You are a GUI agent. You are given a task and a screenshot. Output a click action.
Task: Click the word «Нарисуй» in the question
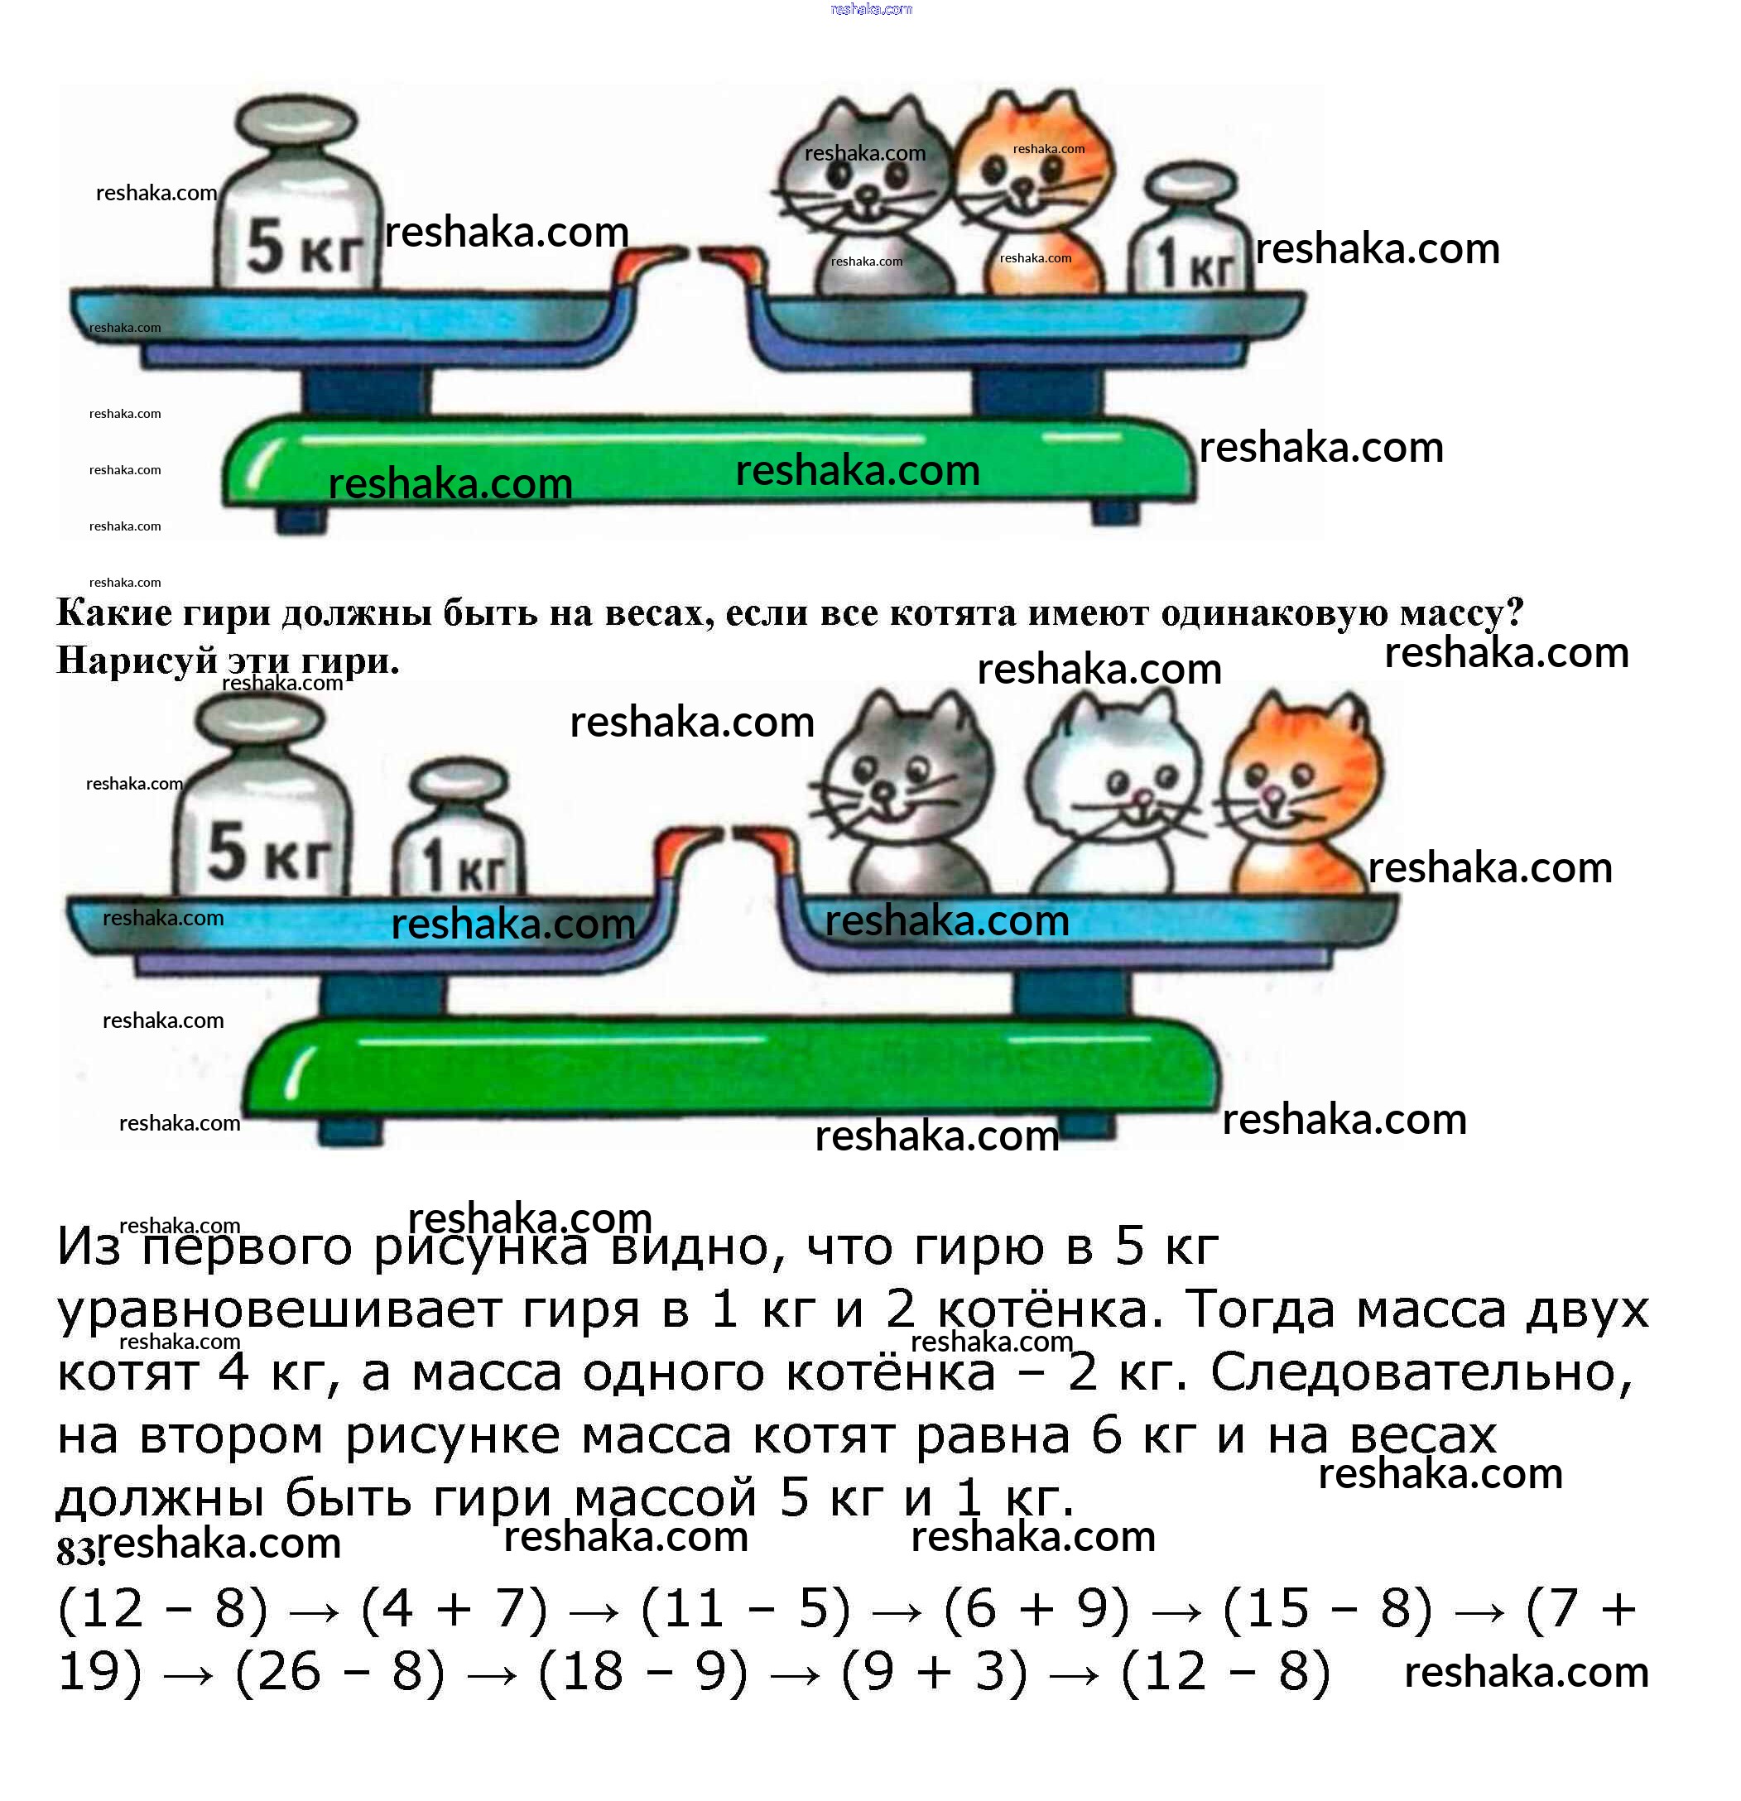(137, 660)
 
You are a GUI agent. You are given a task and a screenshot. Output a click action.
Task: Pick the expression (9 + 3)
(934, 1671)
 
